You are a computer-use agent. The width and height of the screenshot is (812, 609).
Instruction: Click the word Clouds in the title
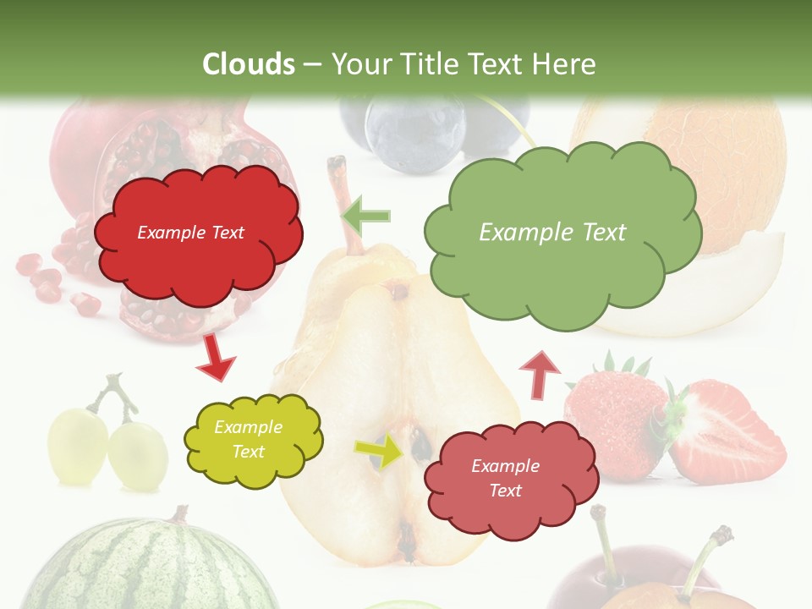tap(248, 64)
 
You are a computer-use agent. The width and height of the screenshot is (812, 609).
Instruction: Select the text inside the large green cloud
tap(552, 233)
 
